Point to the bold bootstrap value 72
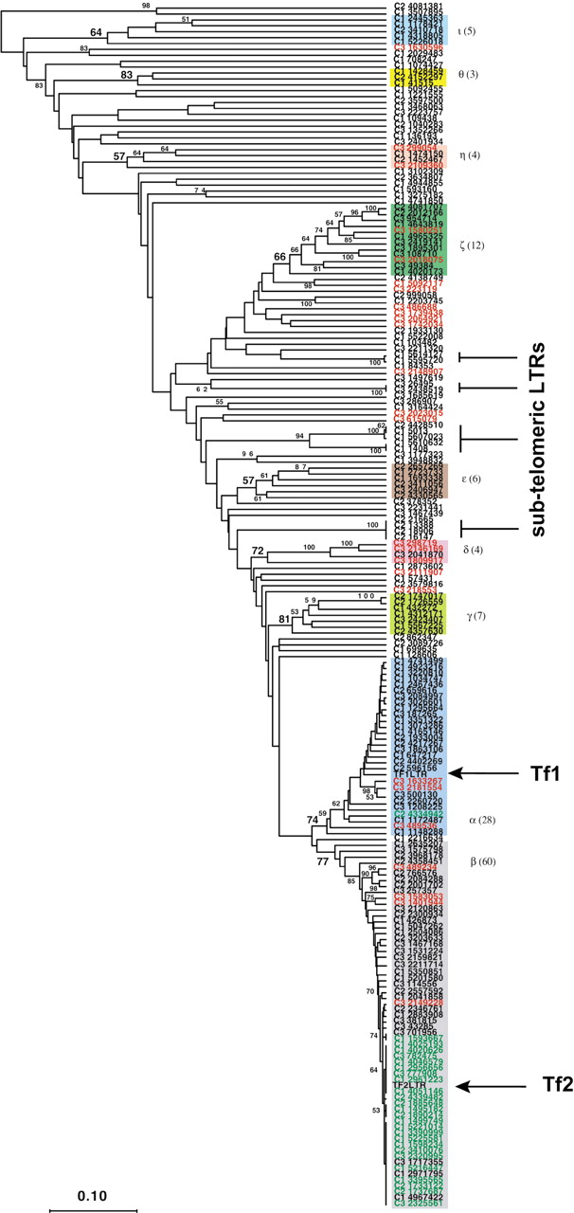[x=257, y=551]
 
